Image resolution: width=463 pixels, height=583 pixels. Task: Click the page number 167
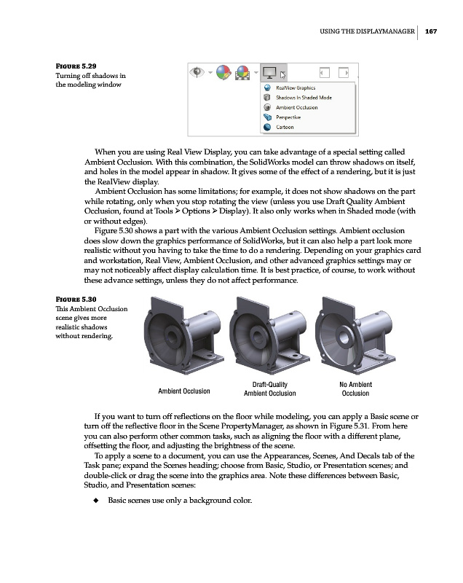click(x=432, y=31)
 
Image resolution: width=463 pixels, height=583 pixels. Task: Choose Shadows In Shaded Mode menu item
click(x=304, y=97)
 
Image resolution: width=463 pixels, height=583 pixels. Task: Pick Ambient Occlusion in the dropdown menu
click(x=296, y=107)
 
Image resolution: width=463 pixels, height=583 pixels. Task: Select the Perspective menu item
click(x=288, y=117)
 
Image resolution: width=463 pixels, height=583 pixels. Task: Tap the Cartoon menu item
click(x=285, y=128)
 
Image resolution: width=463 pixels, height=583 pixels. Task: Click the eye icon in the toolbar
click(x=197, y=72)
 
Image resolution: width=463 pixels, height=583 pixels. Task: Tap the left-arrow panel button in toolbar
click(x=325, y=72)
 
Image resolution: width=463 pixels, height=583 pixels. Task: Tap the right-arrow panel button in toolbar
click(x=347, y=72)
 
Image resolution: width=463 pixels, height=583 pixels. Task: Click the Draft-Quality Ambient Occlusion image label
click(x=269, y=389)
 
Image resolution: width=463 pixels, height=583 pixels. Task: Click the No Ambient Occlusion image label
click(x=355, y=389)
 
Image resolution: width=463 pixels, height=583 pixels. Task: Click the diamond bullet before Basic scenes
click(x=96, y=501)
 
